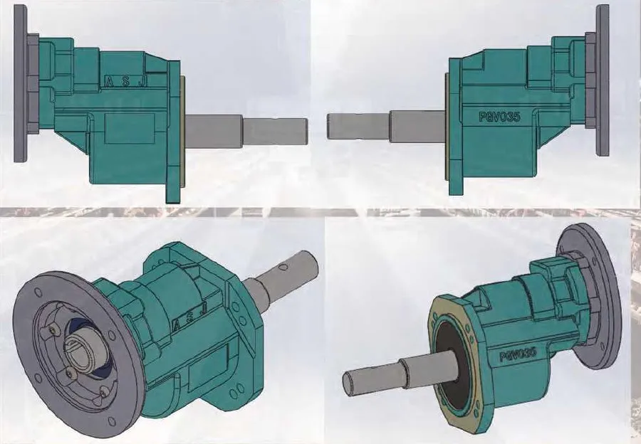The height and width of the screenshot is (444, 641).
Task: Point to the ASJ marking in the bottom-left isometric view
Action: tap(187, 311)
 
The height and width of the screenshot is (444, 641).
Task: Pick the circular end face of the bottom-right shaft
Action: tap(349, 383)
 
